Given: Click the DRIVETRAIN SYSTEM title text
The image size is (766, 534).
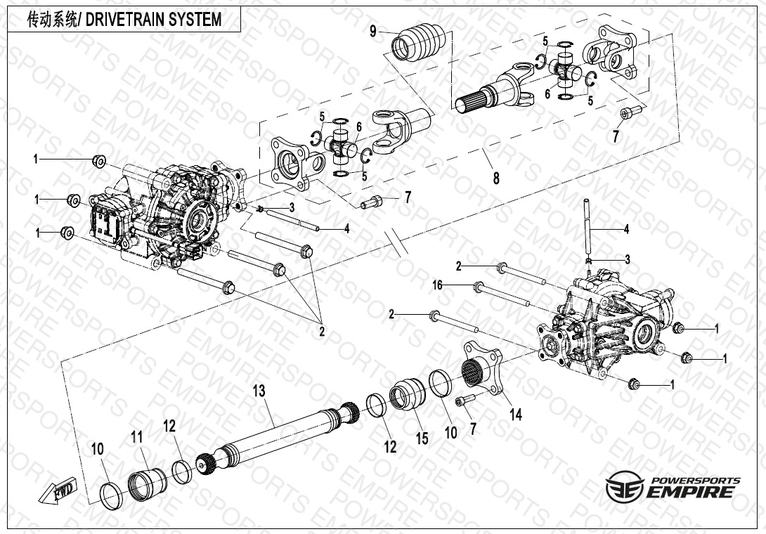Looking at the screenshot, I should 123,20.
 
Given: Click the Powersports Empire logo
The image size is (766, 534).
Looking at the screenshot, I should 673,487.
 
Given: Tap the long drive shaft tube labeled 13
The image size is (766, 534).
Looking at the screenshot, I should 278,435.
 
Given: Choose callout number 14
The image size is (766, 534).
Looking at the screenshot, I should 516,415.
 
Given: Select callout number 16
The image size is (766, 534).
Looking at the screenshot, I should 438,286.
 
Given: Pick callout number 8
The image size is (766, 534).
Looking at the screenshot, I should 496,178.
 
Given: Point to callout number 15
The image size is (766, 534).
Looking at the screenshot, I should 422,439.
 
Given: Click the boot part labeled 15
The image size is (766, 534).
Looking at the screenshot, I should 409,394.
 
